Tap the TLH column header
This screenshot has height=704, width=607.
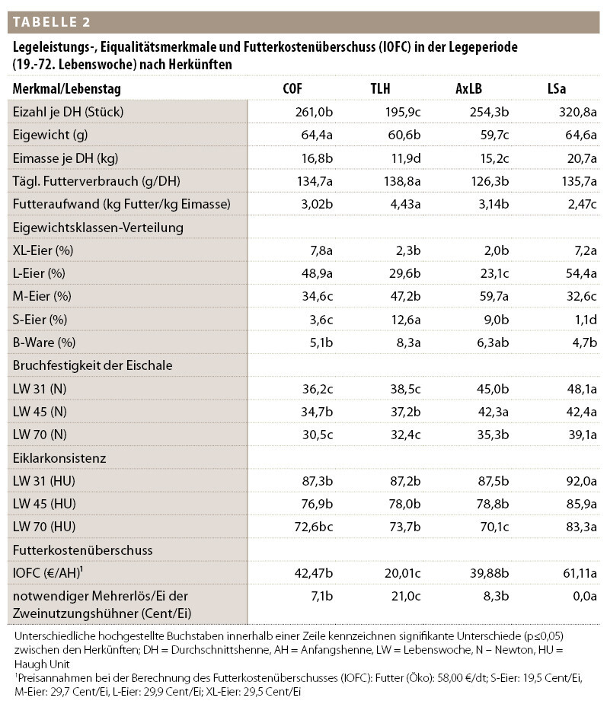click(380, 89)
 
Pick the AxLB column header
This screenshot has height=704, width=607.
click(468, 89)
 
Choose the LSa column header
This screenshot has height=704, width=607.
click(557, 89)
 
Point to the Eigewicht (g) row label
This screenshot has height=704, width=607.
click(50, 135)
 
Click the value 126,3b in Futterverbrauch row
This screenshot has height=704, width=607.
click(487, 181)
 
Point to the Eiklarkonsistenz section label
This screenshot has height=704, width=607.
click(59, 458)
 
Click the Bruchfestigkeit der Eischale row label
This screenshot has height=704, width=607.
click(92, 365)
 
